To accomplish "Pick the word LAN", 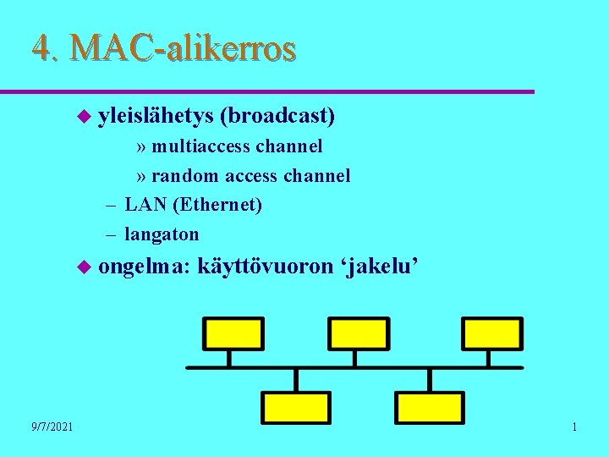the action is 143,205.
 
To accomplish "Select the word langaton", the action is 162,234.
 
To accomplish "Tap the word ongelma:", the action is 145,267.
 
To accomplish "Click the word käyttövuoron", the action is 266,267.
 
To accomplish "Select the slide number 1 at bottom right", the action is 574,427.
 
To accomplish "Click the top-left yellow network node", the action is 233,333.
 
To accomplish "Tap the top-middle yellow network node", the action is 359,333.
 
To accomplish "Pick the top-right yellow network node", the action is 489,333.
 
